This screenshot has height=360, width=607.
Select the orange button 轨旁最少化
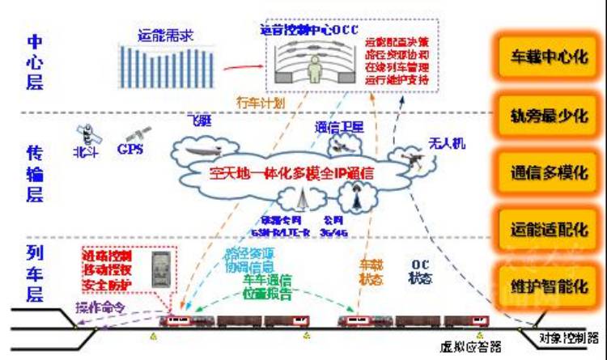549,115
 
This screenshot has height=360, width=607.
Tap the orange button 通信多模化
549,172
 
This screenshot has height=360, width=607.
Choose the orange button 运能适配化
549,230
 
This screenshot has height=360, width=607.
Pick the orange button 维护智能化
549,286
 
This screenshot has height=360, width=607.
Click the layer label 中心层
35,61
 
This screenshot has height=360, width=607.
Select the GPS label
129,150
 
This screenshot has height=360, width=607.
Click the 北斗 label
83,150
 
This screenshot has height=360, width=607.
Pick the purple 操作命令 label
101,307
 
